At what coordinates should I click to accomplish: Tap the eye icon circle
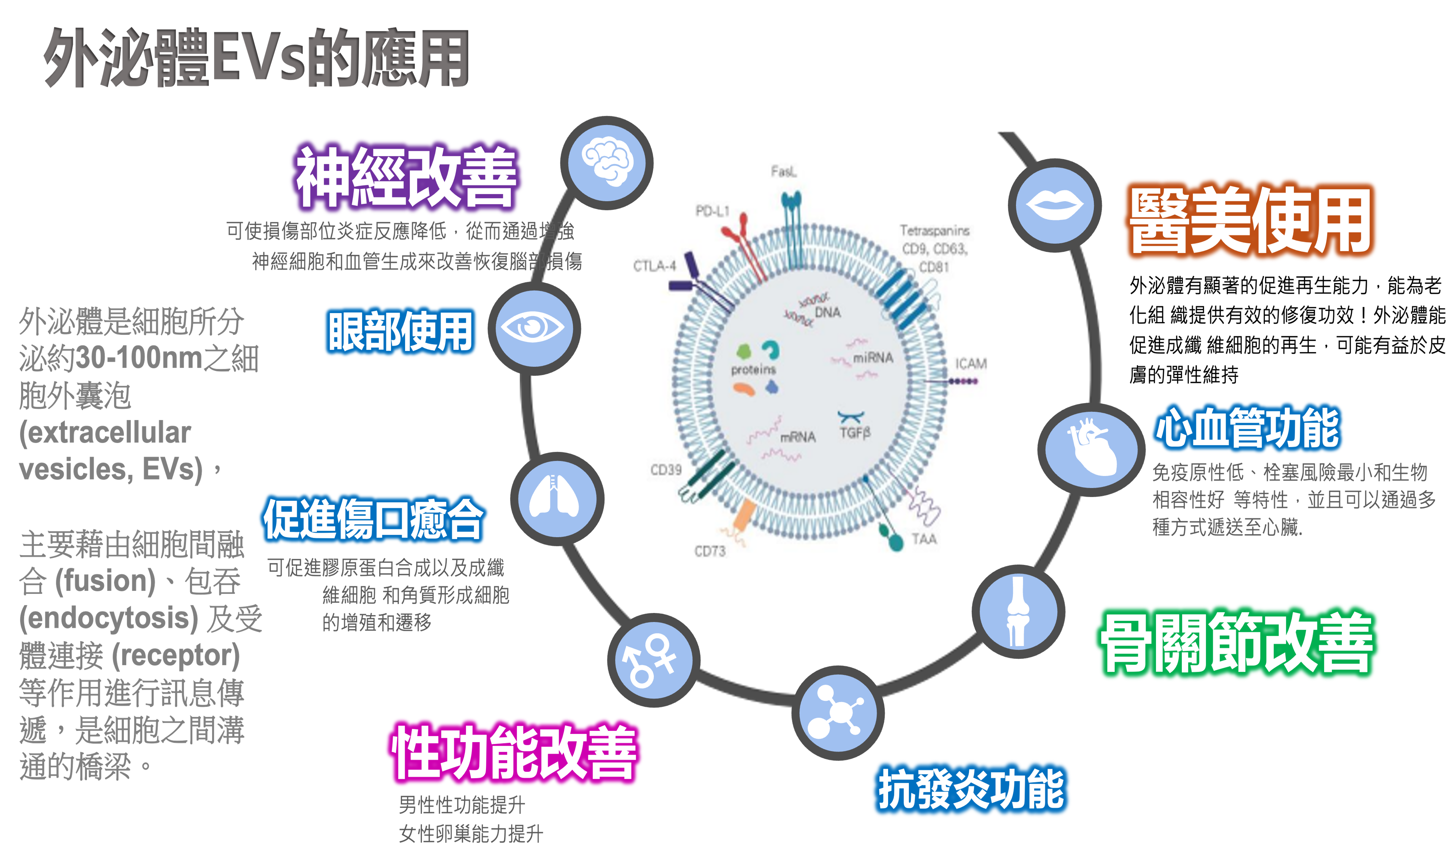[x=534, y=329]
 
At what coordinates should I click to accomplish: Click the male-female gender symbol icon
[x=653, y=660]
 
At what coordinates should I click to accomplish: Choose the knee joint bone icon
[x=1018, y=611]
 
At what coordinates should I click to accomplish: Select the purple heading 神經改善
[x=406, y=177]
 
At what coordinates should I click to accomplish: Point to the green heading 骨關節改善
[x=1236, y=643]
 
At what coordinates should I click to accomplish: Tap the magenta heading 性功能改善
[x=513, y=752]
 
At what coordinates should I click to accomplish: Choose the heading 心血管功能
[x=1247, y=428]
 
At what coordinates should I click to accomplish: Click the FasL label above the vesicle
[x=784, y=171]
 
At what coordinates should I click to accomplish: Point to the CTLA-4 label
[x=654, y=266]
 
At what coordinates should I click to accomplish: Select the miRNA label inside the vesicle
[x=873, y=358]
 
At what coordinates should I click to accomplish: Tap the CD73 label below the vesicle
[x=710, y=551]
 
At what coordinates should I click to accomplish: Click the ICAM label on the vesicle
[x=971, y=363]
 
